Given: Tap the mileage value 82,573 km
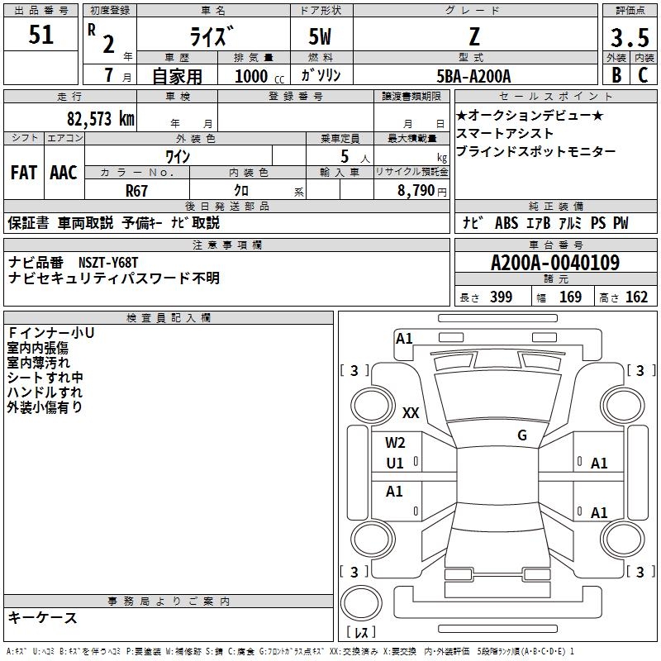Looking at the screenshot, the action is pyautogui.click(x=100, y=118).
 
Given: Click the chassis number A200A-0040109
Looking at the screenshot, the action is pyautogui.click(x=554, y=263).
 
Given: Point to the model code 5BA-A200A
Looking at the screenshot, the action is pyautogui.click(x=473, y=76).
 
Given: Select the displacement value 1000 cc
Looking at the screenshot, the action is pyautogui.click(x=255, y=77).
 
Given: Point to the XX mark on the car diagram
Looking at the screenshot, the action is pyautogui.click(x=411, y=412).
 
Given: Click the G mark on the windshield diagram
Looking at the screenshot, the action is pyautogui.click(x=522, y=435).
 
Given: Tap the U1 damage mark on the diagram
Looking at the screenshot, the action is pyautogui.click(x=395, y=464).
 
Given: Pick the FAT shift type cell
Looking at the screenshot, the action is pyautogui.click(x=23, y=173).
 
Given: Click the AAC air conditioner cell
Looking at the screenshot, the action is pyautogui.click(x=63, y=173).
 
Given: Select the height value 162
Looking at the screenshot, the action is pyautogui.click(x=636, y=297).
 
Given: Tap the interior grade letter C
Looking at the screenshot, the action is pyautogui.click(x=643, y=75).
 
